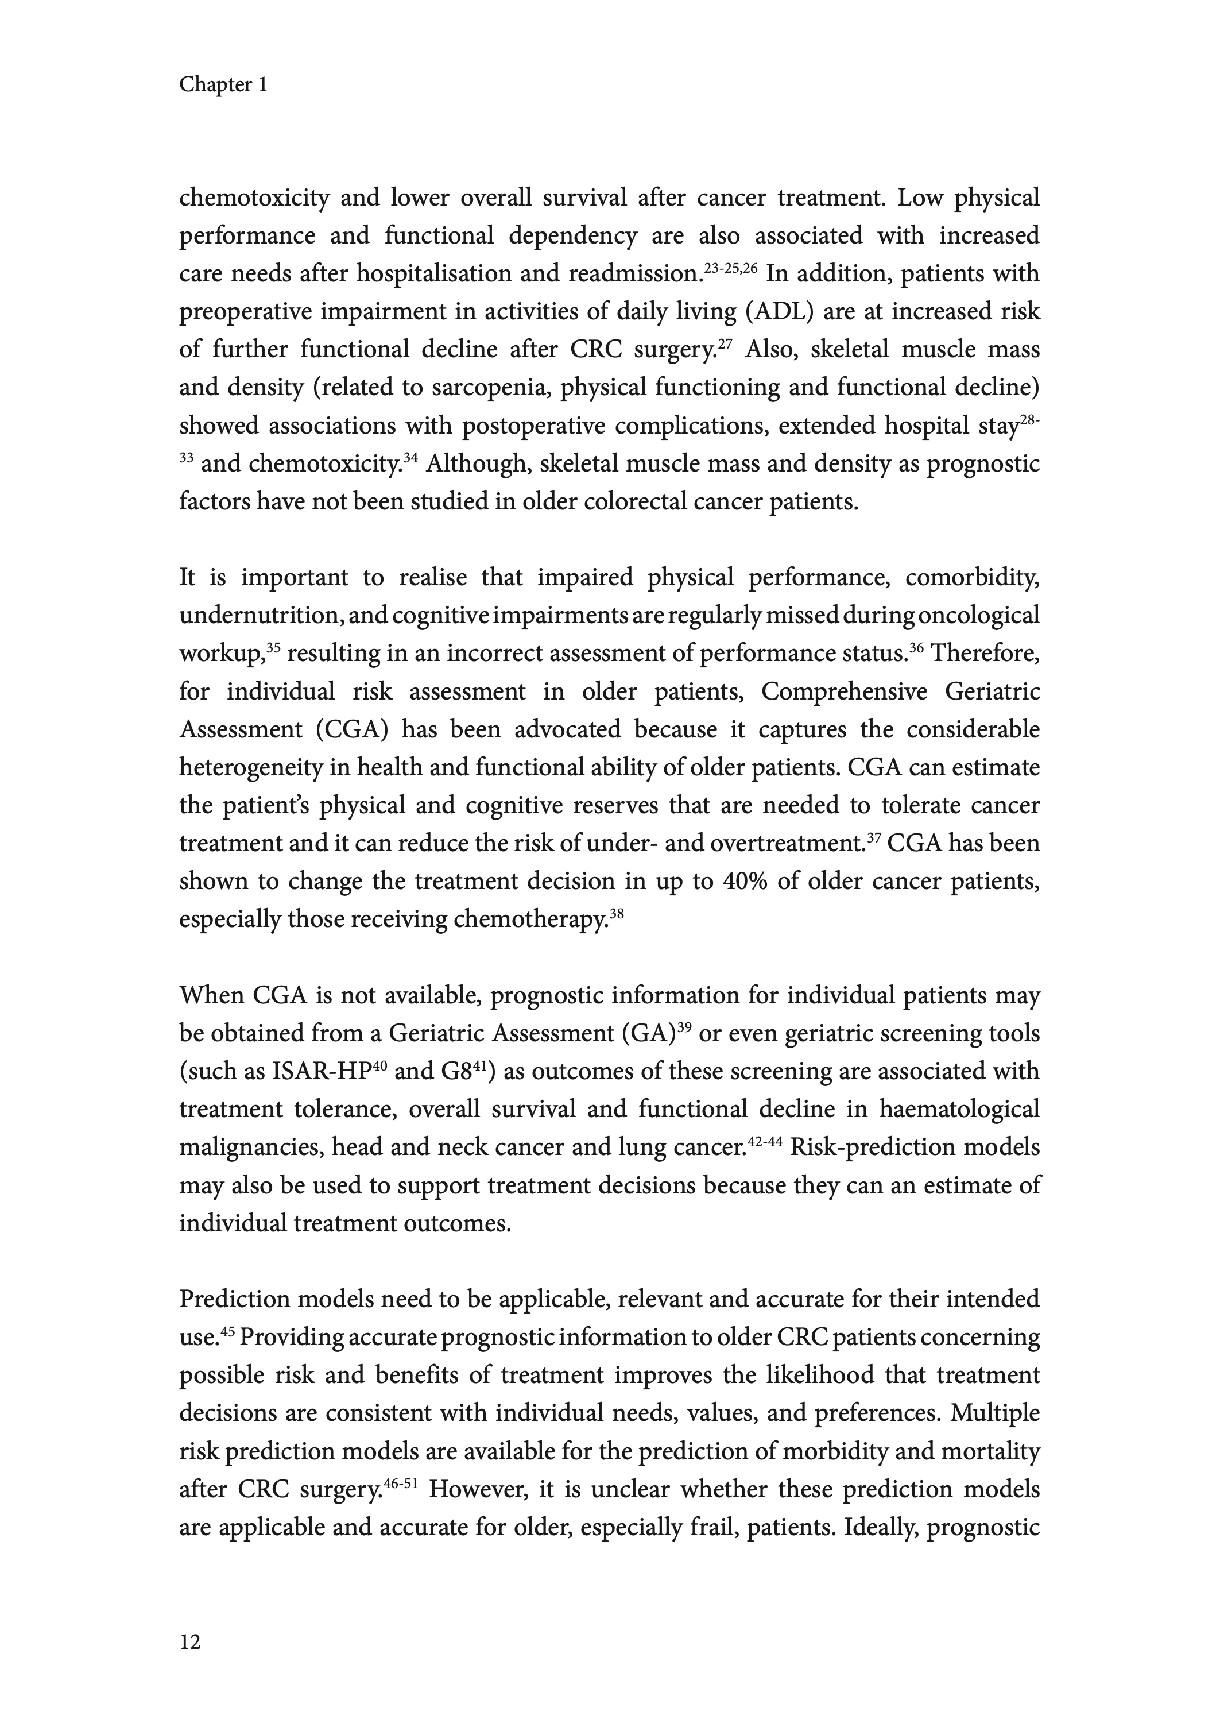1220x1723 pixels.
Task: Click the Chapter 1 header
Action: [223, 85]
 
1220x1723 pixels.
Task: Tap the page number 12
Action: [190, 1643]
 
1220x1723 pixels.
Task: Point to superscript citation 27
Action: [725, 343]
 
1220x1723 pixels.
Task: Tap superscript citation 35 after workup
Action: [273, 647]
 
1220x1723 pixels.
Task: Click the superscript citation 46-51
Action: [400, 1482]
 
